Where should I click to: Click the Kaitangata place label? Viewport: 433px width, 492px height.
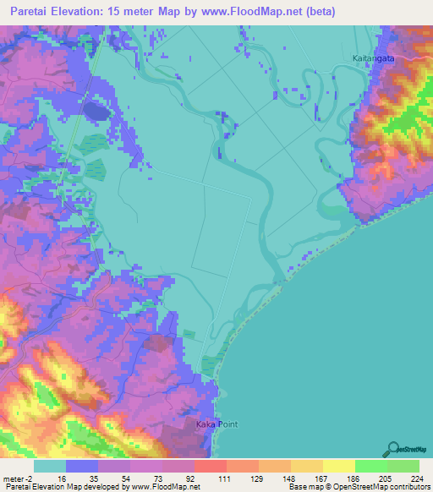(x=374, y=58)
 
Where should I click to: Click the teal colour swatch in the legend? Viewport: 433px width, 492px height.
(x=50, y=466)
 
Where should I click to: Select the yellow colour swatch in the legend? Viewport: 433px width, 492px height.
(x=338, y=466)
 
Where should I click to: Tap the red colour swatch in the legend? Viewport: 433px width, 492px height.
(x=210, y=466)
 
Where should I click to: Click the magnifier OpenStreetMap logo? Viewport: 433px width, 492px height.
(x=393, y=448)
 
